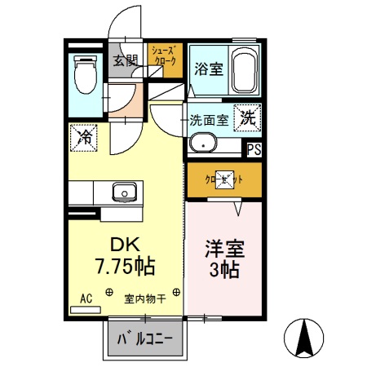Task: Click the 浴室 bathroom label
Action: click(208, 70)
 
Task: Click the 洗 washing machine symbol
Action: click(247, 116)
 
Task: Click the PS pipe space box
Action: click(254, 149)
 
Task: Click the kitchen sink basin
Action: click(124, 192)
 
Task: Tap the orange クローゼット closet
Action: click(223, 179)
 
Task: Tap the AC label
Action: click(86, 297)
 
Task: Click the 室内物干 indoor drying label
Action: click(144, 298)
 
